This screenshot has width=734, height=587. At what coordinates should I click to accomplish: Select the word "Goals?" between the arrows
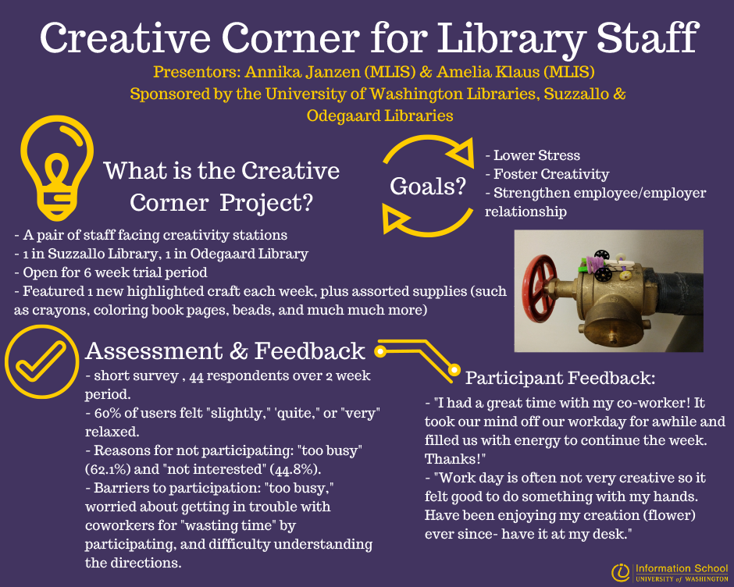pos(423,187)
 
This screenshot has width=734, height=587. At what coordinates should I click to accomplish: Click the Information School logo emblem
pos(622,572)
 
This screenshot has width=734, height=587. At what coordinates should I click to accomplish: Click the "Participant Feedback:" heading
pos(560,379)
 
